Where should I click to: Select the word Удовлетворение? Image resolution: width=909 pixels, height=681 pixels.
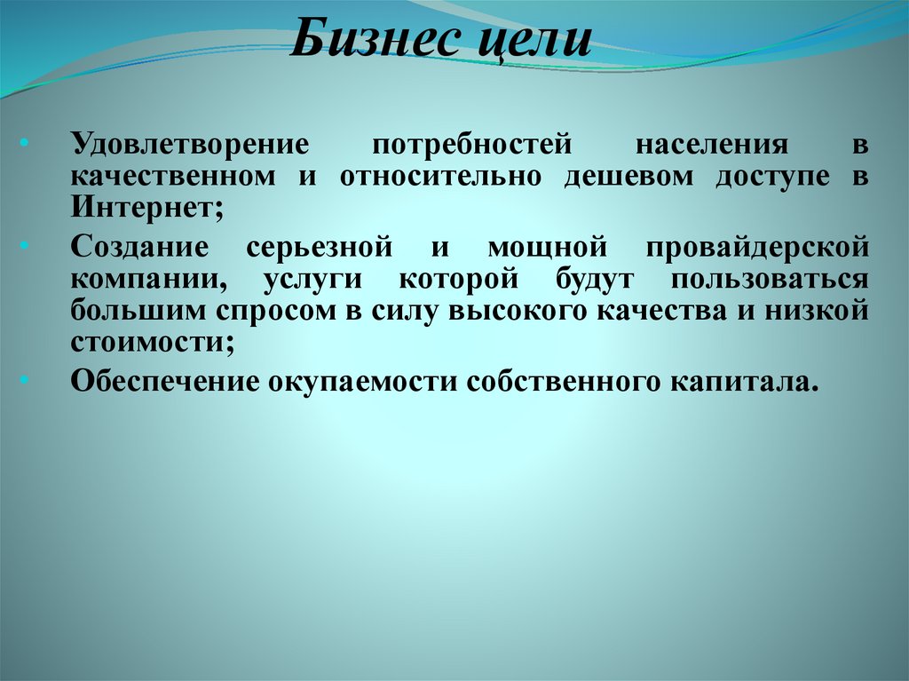point(190,143)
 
